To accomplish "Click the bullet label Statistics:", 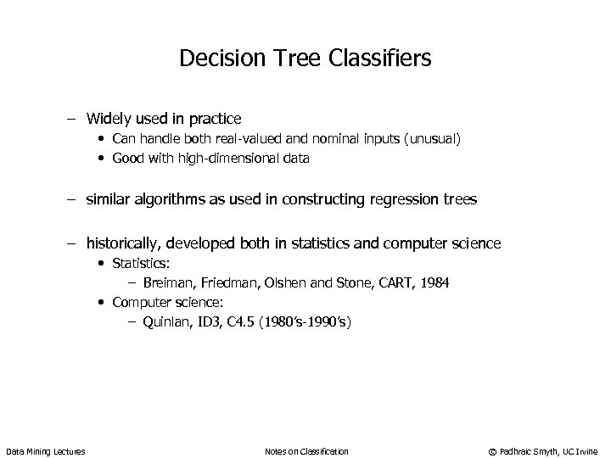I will pos(141,264).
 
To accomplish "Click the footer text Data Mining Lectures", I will pos(45,450).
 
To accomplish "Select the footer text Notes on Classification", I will pos(306,450).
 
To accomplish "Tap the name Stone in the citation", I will pos(346,282).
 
